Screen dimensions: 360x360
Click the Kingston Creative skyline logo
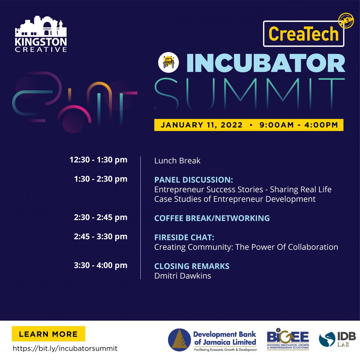41,34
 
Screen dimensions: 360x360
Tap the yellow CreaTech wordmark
303,34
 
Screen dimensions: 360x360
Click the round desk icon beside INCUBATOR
168,62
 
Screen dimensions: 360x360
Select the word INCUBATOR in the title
266,63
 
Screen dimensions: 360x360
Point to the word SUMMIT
250,94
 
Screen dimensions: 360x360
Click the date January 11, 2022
202,125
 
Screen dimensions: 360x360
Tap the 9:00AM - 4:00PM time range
299,125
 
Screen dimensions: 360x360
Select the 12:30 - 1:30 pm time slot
98,160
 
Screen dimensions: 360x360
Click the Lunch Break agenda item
177,161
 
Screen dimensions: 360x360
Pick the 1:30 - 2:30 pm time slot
101,179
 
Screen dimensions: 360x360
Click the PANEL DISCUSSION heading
193,180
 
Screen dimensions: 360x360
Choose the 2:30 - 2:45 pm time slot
101,217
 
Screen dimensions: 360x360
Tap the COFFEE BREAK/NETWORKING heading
212,218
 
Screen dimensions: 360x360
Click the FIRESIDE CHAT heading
184,237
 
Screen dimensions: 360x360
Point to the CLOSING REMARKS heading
192,266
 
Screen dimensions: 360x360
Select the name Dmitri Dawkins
182,276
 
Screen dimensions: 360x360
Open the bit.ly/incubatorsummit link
65,349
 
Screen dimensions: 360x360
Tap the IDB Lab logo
337,339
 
